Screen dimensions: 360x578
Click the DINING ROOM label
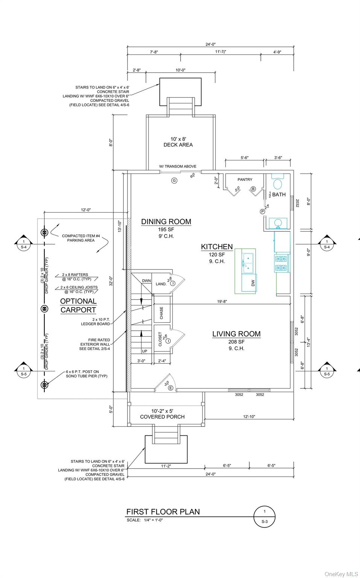(166, 222)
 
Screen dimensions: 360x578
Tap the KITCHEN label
(217, 247)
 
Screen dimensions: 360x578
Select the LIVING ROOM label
(237, 334)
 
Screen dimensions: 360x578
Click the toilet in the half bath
(278, 182)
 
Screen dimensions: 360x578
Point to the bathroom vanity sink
(278, 223)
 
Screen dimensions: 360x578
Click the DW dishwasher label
(253, 283)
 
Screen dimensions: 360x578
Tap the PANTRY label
(245, 179)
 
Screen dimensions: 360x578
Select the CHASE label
(161, 313)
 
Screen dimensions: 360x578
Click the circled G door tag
(174, 181)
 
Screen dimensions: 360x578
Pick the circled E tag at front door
(170, 388)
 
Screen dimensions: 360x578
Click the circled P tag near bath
(262, 211)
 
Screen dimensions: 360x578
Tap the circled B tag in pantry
(253, 189)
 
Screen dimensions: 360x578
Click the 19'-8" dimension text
(222, 301)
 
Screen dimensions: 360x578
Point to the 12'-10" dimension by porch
(249, 417)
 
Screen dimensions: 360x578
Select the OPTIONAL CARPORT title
(78, 306)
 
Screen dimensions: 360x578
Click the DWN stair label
(146, 281)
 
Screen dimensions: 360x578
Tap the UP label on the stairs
(145, 351)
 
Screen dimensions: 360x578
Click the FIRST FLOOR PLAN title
(163, 512)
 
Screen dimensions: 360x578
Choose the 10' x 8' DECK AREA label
(178, 142)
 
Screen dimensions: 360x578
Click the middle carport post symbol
(45, 309)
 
